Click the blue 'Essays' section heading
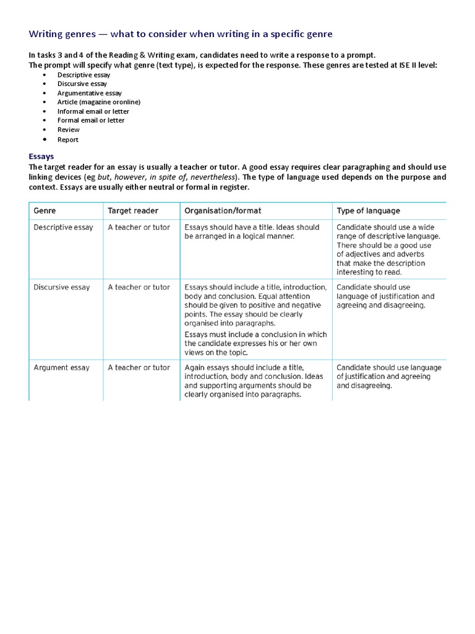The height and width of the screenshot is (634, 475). click(x=41, y=157)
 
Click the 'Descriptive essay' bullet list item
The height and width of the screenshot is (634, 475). click(x=83, y=74)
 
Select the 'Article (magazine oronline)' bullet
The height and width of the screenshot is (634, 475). click(x=99, y=102)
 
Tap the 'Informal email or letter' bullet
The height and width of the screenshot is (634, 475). click(x=93, y=111)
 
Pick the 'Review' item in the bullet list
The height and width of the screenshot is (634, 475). click(x=69, y=129)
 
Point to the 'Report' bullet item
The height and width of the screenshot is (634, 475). click(x=68, y=139)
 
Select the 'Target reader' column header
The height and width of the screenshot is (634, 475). click(x=133, y=211)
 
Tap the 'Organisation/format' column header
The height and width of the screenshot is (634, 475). click(x=226, y=211)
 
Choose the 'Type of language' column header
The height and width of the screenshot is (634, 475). click(x=368, y=211)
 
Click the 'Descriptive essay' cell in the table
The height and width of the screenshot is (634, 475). click(x=63, y=227)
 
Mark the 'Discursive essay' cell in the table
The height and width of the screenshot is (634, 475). click(x=62, y=287)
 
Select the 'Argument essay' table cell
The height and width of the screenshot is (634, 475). click(x=61, y=368)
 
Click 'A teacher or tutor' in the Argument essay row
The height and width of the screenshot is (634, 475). click(x=139, y=368)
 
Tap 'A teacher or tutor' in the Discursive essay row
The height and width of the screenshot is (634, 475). click(x=139, y=287)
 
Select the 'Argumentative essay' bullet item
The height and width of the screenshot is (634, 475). click(x=90, y=93)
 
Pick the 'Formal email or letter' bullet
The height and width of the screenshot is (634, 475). click(x=91, y=120)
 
